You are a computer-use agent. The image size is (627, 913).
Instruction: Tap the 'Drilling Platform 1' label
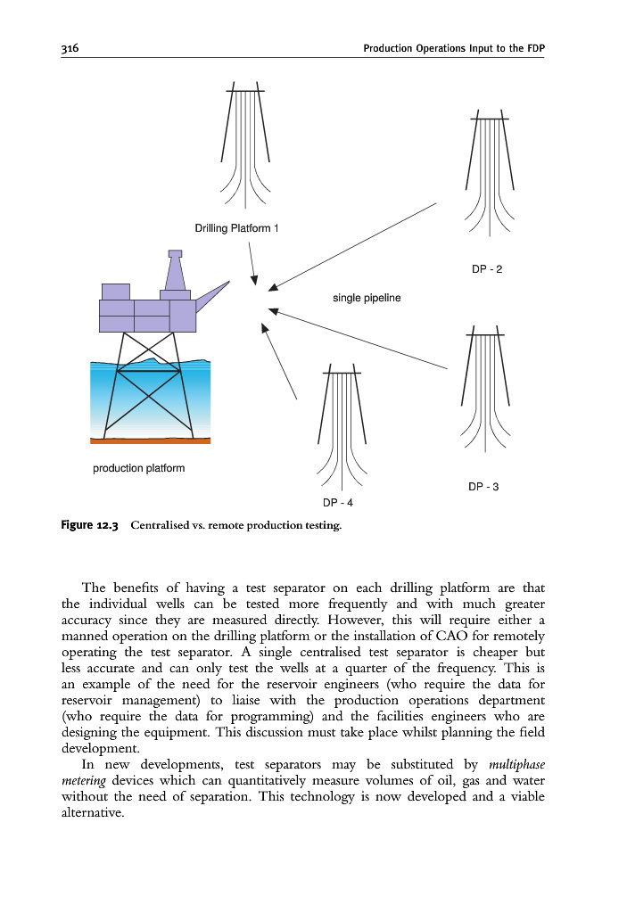[236, 229]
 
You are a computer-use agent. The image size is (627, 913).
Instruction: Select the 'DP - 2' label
[487, 268]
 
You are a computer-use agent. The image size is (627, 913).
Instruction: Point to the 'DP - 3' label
[483, 487]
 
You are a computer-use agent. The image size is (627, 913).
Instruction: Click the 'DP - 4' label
[338, 503]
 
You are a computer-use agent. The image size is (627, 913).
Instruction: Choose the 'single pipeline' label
[367, 297]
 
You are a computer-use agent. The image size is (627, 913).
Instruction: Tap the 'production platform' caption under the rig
[139, 469]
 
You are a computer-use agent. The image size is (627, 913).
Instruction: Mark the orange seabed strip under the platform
[150, 440]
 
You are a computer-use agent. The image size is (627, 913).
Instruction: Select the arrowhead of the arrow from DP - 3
[275, 311]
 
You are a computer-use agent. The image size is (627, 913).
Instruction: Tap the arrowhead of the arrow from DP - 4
[264, 328]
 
